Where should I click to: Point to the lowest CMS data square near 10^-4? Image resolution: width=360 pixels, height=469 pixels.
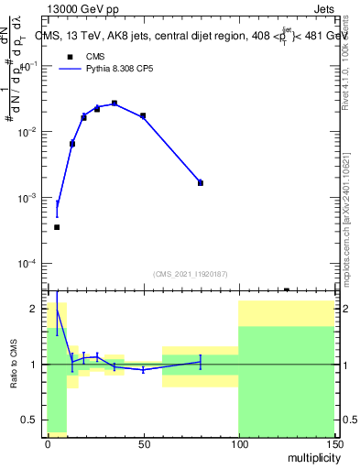[x=57, y=227]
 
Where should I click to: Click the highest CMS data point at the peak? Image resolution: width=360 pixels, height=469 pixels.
[x=115, y=104]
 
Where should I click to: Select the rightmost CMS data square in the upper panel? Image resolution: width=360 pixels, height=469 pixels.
[x=201, y=183]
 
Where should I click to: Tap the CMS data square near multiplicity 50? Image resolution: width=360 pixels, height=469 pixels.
[x=143, y=116]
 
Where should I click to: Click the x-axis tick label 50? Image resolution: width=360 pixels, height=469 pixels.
[x=143, y=443]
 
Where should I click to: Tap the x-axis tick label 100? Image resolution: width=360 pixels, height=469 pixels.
[x=238, y=443]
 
